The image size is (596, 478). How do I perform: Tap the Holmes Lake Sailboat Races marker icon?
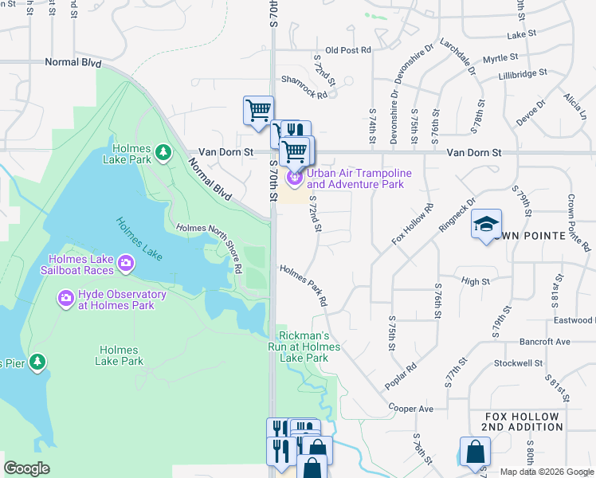coord(125,263)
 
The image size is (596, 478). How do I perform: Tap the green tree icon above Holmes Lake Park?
coord(163,151)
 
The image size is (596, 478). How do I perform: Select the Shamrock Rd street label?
coord(304,88)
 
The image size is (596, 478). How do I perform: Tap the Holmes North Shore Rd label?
coord(209,247)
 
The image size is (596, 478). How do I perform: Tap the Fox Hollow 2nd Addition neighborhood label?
coord(524,422)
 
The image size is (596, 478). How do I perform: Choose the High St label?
coord(475,281)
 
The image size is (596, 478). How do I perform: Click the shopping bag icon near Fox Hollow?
coord(475,453)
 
